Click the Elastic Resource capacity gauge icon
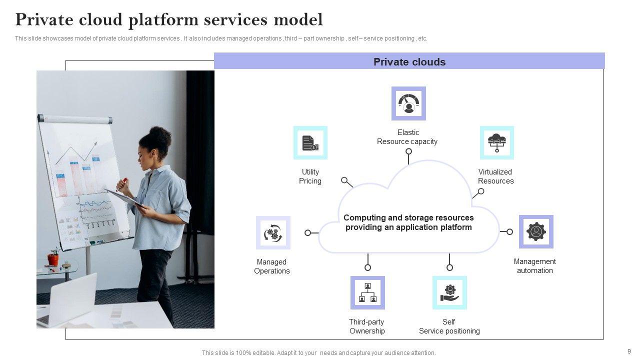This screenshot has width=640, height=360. [408, 103]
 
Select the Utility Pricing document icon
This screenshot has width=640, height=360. [310, 143]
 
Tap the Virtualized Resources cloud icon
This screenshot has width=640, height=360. [496, 143]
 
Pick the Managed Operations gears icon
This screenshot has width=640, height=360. [273, 233]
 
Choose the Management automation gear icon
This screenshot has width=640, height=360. [536, 232]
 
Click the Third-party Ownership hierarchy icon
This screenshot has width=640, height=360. [367, 292]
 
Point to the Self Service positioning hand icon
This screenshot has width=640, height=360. [449, 292]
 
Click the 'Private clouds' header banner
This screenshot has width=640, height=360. [409, 62]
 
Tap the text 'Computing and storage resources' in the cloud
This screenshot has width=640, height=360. [408, 218]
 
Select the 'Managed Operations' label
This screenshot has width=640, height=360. [272, 266]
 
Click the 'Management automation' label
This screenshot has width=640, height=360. [534, 266]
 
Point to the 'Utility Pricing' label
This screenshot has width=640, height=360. [310, 176]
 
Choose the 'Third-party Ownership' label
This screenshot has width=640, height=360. [367, 326]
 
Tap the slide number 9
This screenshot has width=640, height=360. [629, 351]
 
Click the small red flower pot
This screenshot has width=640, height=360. [53, 259]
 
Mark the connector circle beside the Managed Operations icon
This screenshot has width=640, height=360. [308, 233]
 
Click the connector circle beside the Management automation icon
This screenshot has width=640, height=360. [509, 232]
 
